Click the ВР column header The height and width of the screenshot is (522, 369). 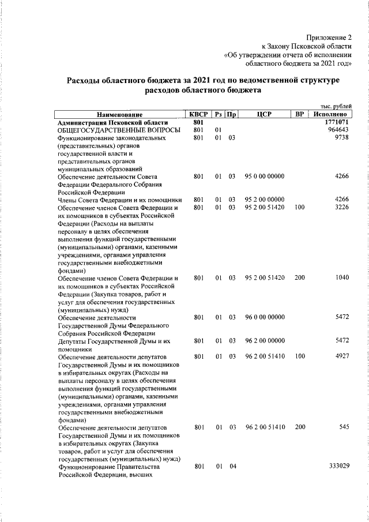(299, 115)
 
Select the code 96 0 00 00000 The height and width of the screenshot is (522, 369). (265, 317)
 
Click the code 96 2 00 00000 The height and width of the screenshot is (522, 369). (265, 341)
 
